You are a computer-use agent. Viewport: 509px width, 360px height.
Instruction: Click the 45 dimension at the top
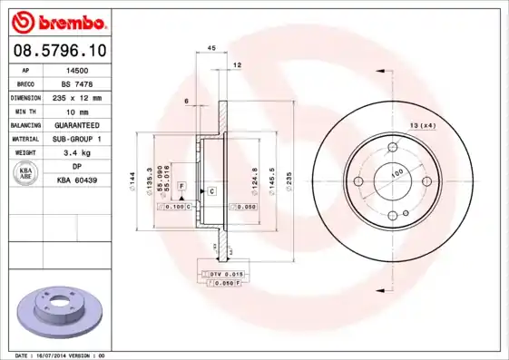(211, 47)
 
